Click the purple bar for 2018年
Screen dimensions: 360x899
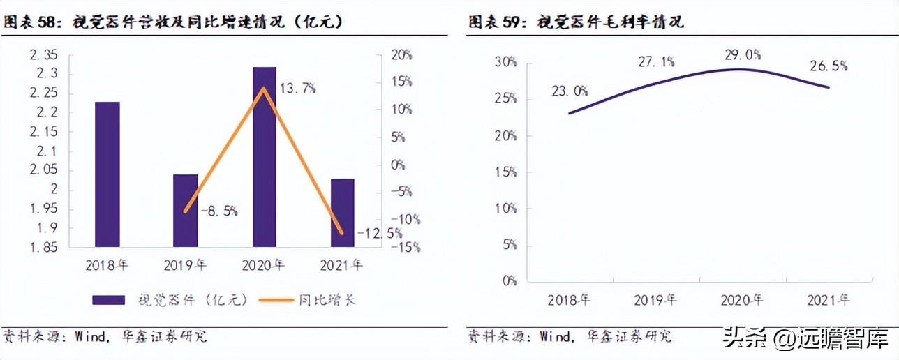coord(107,174)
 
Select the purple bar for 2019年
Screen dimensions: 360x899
coord(186,210)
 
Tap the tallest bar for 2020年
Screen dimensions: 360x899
coord(264,156)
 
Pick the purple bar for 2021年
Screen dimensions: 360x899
coord(342,212)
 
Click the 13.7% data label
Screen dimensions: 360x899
coord(298,88)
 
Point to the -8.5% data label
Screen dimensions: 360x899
coord(218,209)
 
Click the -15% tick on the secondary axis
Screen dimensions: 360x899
coord(405,247)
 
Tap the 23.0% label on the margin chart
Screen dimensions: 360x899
coord(569,91)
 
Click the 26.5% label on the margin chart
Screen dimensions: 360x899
coord(829,66)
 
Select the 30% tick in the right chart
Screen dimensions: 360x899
coord(505,62)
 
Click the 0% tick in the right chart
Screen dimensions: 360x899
coord(508,281)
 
